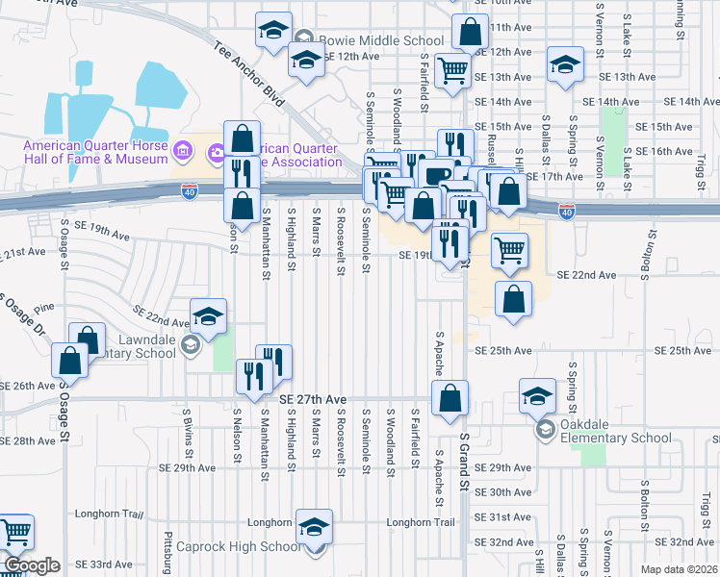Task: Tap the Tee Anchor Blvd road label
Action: click(x=250, y=73)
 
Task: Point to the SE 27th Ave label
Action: click(x=313, y=399)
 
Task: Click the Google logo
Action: click(x=33, y=565)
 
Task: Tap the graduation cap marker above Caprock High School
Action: click(x=314, y=527)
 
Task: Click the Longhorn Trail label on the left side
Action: click(x=109, y=514)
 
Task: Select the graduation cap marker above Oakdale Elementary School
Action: click(x=537, y=394)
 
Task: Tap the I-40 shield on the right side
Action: click(x=567, y=211)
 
